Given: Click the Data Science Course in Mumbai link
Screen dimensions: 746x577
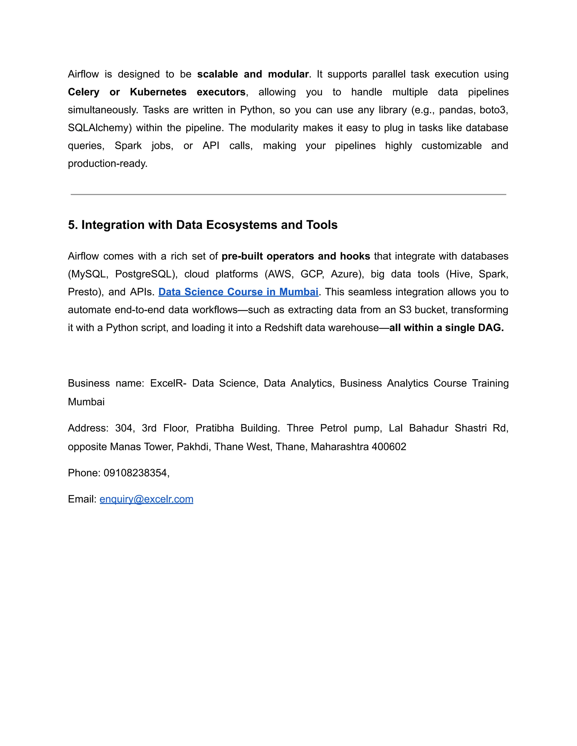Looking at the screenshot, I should tap(238, 292).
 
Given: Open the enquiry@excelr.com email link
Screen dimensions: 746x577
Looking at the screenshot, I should tap(146, 499).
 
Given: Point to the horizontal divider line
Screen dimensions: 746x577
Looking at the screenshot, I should tap(288, 194).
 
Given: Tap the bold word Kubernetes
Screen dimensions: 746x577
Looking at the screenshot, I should tap(158, 92).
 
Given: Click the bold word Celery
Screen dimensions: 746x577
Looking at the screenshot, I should tap(83, 92).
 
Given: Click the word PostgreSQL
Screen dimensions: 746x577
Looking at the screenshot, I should tap(146, 274).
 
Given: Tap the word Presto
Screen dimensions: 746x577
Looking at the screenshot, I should tap(85, 292).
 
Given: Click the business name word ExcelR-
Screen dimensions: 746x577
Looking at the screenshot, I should tap(168, 383).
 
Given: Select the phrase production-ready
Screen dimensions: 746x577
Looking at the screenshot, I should tap(107, 164).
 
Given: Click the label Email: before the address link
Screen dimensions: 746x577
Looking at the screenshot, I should tap(82, 499).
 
